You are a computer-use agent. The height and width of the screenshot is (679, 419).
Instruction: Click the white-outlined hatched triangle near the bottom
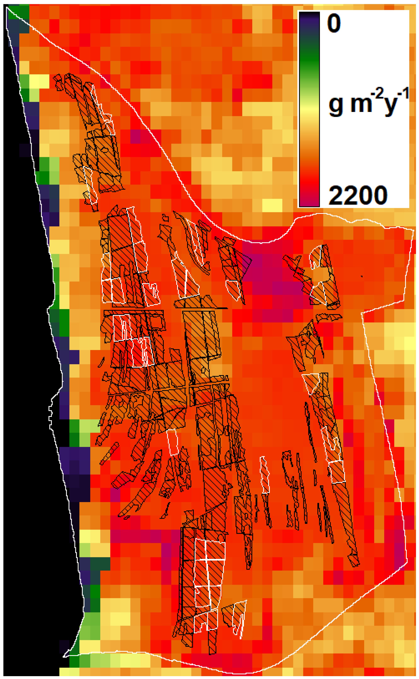(x=235, y=614)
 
